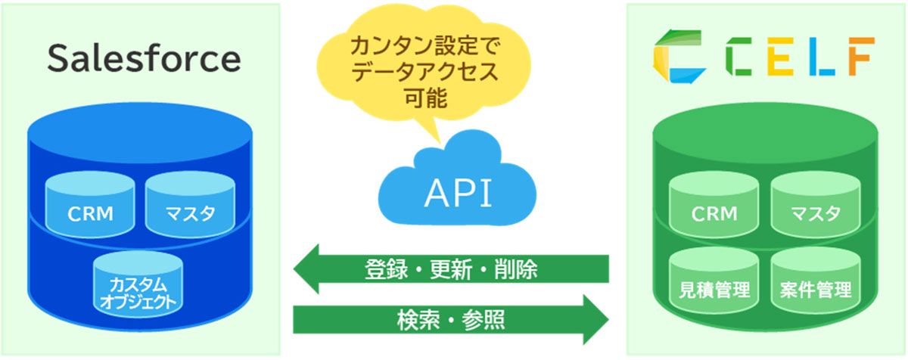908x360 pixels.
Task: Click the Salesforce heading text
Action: coord(144,58)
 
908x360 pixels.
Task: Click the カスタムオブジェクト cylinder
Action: coord(138,289)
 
